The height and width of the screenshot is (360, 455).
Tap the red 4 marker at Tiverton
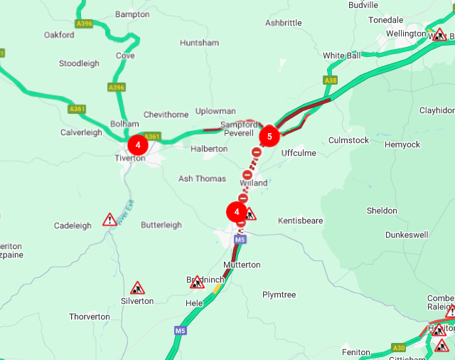(137, 145)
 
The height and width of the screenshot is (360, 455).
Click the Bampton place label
(132, 14)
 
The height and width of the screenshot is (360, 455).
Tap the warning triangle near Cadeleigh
(109, 219)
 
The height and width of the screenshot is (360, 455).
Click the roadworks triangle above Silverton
(137, 287)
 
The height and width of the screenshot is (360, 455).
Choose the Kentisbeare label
(301, 221)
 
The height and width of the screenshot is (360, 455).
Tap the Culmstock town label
(348, 140)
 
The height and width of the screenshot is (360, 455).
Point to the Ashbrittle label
(283, 23)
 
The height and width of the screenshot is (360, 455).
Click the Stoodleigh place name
(79, 63)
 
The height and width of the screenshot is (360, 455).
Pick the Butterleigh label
(161, 225)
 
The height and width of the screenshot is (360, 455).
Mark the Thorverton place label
(90, 317)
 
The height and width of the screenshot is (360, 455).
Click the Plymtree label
(279, 295)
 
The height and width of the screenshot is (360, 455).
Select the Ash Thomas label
(202, 179)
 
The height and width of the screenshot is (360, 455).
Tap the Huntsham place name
(200, 43)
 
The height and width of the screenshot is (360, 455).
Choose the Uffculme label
(298, 153)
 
